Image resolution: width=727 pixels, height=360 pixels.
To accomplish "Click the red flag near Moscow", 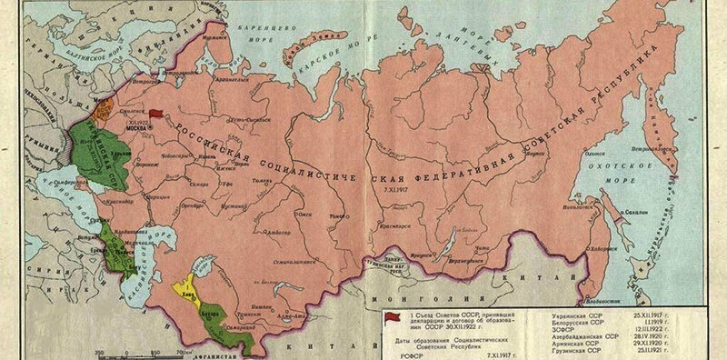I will click(156, 115).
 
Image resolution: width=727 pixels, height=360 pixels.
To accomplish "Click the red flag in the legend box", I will click(392, 315).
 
